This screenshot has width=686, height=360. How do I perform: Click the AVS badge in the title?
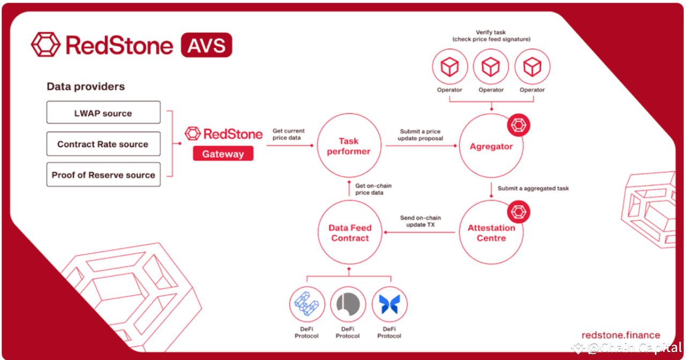pyautogui.click(x=206, y=45)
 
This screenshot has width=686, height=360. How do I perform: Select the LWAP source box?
pyautogui.click(x=103, y=112)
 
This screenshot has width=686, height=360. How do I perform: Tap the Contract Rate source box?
pyautogui.click(x=103, y=144)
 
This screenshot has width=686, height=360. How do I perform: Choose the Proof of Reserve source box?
pyautogui.click(x=103, y=175)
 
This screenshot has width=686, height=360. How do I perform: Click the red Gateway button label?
pyautogui.click(x=223, y=153)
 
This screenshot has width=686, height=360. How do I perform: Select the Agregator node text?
pyautogui.click(x=491, y=146)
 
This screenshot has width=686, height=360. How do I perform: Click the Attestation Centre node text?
pyautogui.click(x=491, y=233)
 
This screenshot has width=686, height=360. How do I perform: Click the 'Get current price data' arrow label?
pyautogui.click(x=288, y=134)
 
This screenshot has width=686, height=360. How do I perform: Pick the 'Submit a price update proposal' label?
pyautogui.click(x=420, y=134)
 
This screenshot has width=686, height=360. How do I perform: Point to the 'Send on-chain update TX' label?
pyautogui.click(x=420, y=221)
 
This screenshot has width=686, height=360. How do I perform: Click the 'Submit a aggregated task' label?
pyautogui.click(x=533, y=188)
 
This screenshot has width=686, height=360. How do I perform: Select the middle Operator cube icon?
pyautogui.click(x=490, y=66)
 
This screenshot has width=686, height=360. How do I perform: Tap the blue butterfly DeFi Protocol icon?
pyautogui.click(x=389, y=304)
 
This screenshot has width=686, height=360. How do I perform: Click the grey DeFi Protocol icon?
pyautogui.click(x=348, y=304)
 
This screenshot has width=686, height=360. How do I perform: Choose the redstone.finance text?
pyautogui.click(x=621, y=335)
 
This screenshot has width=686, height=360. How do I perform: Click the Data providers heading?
pyautogui.click(x=86, y=87)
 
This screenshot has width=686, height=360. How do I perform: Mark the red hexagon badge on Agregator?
pyautogui.click(x=518, y=125)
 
